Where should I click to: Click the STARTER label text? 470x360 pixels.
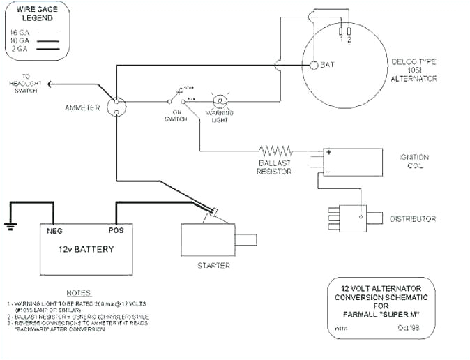(x=213, y=265)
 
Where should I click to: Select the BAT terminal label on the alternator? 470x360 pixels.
(x=328, y=65)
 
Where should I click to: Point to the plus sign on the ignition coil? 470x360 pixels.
(x=326, y=151)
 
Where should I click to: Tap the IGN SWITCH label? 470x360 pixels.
(x=175, y=115)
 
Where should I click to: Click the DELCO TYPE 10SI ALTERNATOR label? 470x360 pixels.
(x=414, y=70)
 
